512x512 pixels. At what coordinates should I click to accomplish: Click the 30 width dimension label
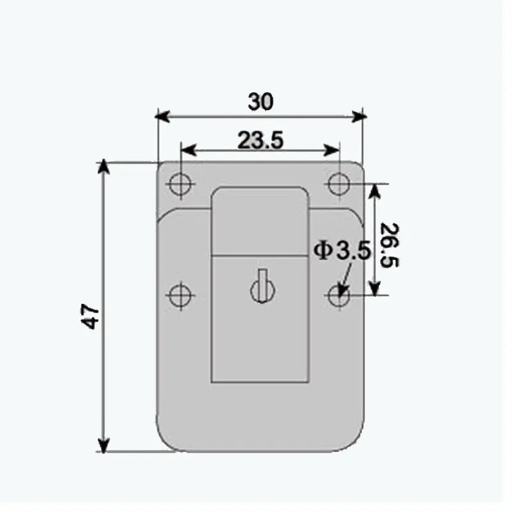coord(260,102)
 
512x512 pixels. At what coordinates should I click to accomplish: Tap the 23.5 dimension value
coord(260,140)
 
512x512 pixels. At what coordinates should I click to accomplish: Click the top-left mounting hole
coord(180,185)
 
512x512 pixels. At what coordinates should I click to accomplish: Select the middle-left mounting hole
coord(180,295)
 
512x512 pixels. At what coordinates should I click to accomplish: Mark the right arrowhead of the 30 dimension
coord(361,116)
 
